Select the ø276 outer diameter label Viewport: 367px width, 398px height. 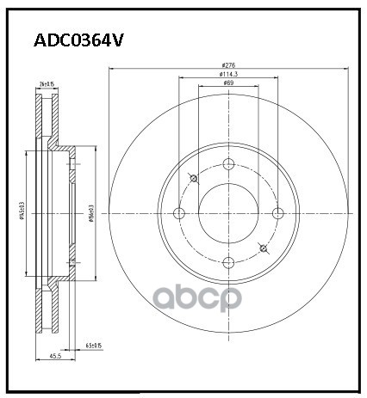tap(228, 65)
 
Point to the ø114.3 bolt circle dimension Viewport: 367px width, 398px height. tap(228, 75)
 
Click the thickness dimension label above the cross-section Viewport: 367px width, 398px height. tap(47, 83)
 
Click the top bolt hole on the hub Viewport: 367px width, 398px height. tap(228, 165)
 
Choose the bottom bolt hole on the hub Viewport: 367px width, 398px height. tap(228, 263)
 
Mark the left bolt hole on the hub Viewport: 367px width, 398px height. tap(179, 214)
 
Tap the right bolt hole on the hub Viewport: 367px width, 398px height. tap(277, 214)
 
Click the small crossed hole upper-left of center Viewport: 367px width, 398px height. tap(193, 178)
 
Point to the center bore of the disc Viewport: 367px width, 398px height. tap(228, 214)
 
